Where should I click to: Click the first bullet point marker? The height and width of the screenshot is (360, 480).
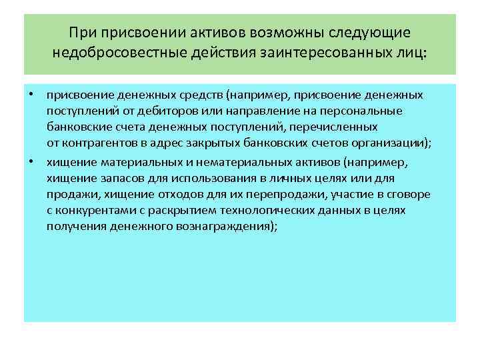[31, 95]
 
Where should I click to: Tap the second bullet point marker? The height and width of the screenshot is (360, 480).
[31, 161]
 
